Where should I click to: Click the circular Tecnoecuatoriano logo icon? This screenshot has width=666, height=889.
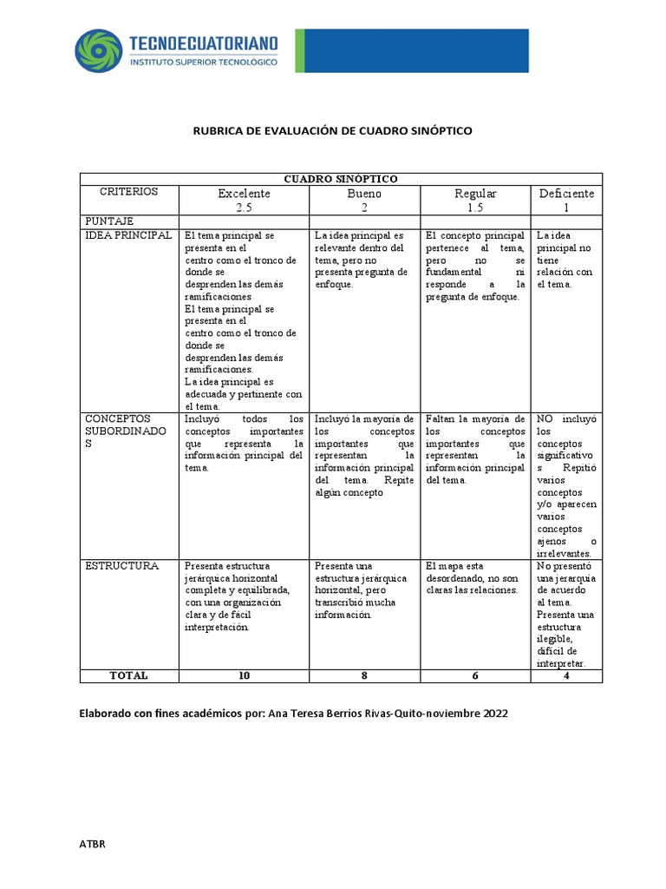98,51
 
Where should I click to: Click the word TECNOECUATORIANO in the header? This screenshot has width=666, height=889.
204,43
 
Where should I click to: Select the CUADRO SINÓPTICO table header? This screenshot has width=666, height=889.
340,179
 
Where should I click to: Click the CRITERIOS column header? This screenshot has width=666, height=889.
128,192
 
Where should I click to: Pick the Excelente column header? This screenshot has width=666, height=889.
244,194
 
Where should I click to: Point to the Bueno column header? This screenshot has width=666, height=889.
364,194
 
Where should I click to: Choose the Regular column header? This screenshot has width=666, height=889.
475,194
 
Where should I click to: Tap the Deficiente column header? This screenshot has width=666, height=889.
566,194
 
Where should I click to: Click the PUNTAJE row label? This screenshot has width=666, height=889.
108,221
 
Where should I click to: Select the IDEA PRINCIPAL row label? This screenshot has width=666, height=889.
128,235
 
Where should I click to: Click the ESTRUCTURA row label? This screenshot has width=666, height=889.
121,566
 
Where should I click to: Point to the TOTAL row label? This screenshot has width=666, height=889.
128,675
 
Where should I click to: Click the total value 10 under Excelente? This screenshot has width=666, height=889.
244,675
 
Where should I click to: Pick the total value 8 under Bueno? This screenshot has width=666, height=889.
364,675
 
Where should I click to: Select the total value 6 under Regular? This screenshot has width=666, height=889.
475,675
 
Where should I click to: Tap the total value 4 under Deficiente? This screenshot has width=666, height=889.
566,675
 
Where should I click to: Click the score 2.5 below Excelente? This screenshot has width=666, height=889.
244,208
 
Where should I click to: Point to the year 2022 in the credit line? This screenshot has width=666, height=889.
492,714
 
